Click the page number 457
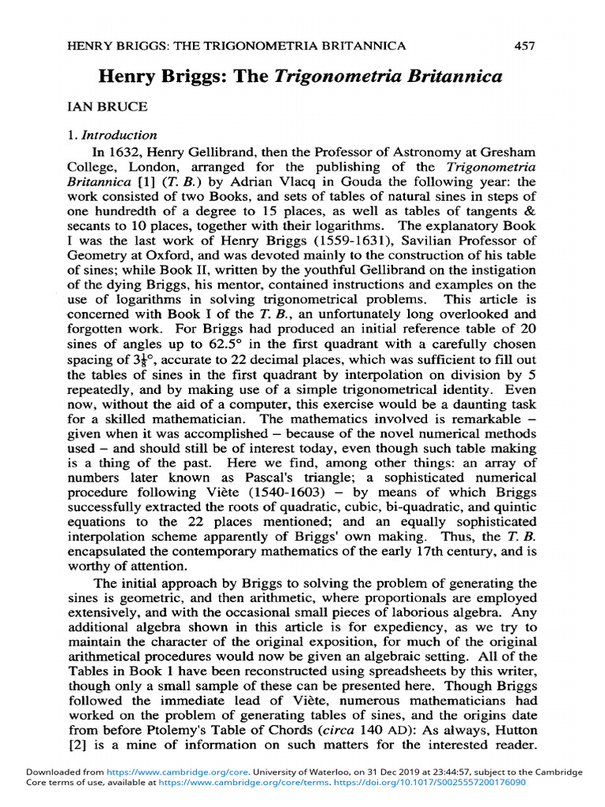pos(525,46)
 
